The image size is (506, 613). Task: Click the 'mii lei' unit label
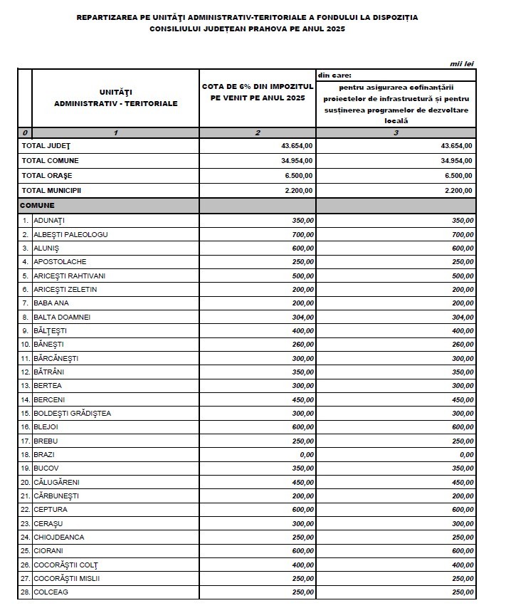coord(462,64)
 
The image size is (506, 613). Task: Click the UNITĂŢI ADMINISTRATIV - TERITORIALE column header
coord(115,98)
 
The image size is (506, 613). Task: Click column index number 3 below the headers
coord(396,133)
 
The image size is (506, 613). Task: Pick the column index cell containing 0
coord(25,133)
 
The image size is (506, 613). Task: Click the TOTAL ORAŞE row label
coord(46,175)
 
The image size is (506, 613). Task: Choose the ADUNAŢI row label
coord(49,221)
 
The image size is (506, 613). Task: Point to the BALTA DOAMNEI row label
coord(62,317)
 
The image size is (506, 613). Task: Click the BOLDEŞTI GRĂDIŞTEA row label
coord(72,413)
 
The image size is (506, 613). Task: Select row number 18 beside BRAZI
coord(25,454)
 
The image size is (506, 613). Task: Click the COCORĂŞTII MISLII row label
coord(67,578)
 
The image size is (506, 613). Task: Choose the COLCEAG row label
coord(51,592)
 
